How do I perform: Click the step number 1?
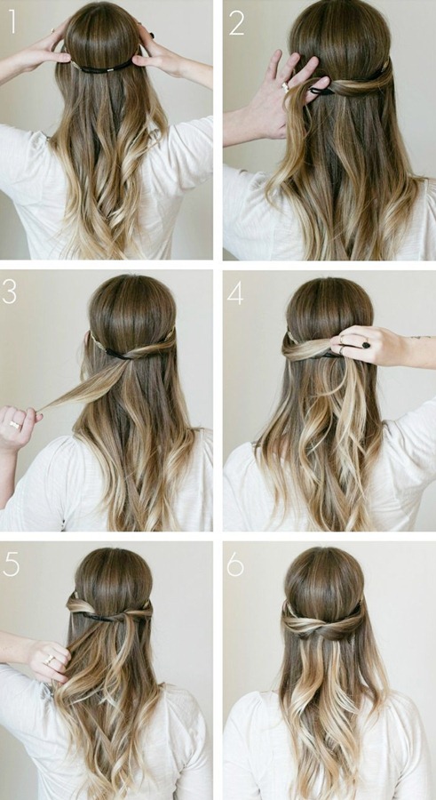(12, 23)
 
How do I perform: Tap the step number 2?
(236, 24)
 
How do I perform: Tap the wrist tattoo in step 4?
(422, 337)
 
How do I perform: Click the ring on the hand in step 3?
(15, 425)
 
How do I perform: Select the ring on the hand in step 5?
(50, 660)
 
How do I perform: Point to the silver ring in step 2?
(286, 86)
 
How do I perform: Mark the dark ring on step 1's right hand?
(152, 36)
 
